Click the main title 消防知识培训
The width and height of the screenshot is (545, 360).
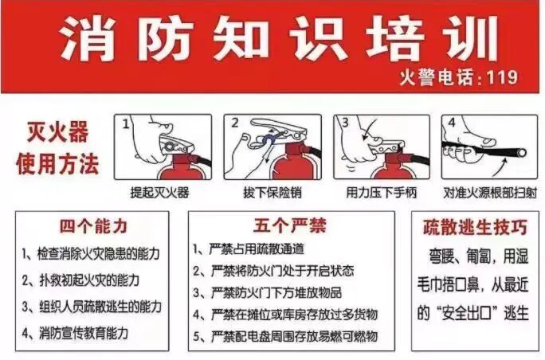point(280,38)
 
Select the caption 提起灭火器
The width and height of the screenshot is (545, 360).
point(159,192)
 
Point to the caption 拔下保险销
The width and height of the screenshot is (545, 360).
point(272,192)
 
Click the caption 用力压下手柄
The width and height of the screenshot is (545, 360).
point(382,192)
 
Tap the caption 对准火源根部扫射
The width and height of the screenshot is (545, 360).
point(490,193)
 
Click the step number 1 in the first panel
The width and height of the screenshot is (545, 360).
point(126,123)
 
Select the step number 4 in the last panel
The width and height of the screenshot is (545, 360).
point(452,123)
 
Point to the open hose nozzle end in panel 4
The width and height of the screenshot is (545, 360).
point(520,153)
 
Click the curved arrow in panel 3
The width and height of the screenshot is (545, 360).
point(369,130)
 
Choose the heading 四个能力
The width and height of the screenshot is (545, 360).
point(93,226)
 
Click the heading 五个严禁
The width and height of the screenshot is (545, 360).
point(289,225)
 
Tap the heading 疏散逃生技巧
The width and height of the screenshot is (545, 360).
point(475,227)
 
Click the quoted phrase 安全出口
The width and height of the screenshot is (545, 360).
point(466,314)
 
